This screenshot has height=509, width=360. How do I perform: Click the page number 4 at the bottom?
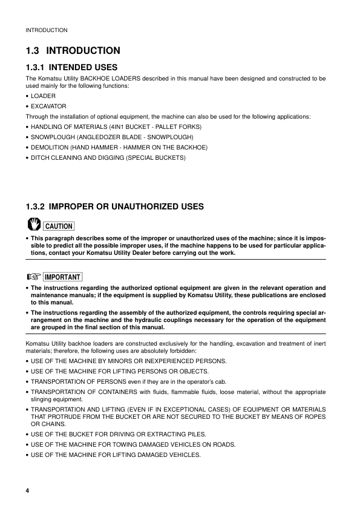pyautogui.click(x=27, y=489)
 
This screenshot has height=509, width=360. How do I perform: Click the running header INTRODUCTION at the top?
pyautogui.click(x=46, y=30)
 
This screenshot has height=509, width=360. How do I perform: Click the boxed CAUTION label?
pyautogui.click(x=58, y=226)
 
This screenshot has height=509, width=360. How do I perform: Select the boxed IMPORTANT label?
pyautogui.click(x=62, y=277)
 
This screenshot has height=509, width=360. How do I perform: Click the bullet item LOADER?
pyautogui.click(x=43, y=96)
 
